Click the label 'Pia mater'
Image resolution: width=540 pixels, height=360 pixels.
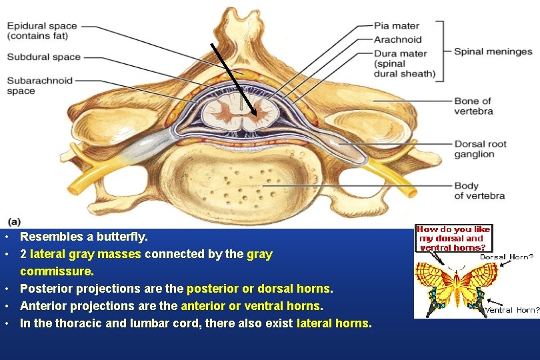pos(397,26)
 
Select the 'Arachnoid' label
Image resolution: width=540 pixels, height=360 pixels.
pos(397,39)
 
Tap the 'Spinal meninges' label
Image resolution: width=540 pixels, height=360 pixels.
pos(493,51)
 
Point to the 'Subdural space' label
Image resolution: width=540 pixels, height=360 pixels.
pos(43,57)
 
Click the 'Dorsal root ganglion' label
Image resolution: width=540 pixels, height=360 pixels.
pos(480,149)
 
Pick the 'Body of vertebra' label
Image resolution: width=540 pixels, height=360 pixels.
pos(479,191)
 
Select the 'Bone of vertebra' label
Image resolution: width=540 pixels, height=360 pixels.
pos(473,106)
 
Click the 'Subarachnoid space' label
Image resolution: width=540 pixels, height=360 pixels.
pos(39,86)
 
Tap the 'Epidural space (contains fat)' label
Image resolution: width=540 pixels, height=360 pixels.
pos(42,31)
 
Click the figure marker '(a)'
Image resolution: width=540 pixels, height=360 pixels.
pos(14,221)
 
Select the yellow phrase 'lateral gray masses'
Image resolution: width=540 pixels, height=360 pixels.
pos(86,254)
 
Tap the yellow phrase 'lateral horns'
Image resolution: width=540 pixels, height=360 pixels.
pos(333,323)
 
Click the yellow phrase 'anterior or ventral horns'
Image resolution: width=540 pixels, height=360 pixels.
pos(251,306)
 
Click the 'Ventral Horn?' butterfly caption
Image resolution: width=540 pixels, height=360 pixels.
pos(511,309)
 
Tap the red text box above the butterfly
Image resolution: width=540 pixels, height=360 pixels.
pos(453,238)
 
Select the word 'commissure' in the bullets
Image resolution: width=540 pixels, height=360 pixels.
pos(56,271)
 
